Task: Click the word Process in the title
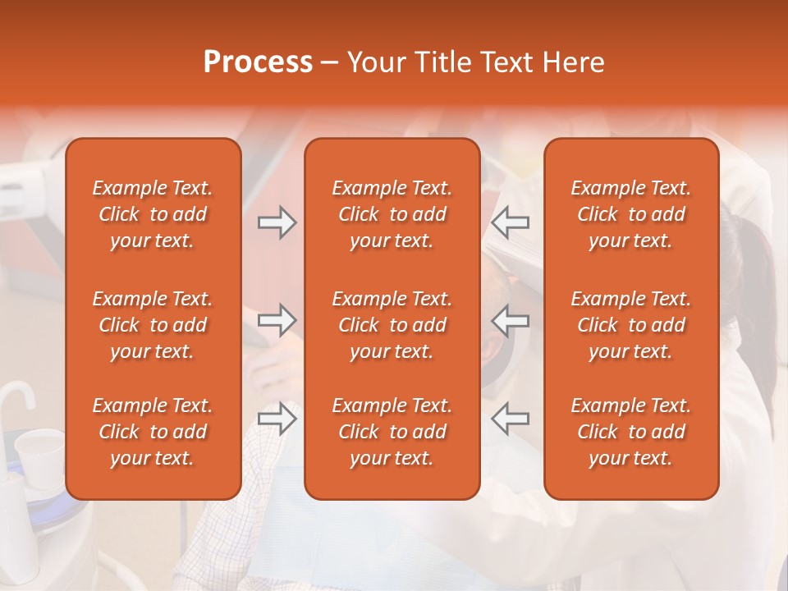point(258,62)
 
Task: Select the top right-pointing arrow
point(277,222)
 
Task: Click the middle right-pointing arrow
point(277,320)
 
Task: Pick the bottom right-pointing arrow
point(277,418)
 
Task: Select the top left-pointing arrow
point(511,222)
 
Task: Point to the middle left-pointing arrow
point(511,320)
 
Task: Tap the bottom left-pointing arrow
point(511,418)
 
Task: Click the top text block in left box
point(153,214)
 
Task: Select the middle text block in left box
point(153,325)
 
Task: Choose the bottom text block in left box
point(153,432)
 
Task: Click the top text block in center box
point(392,214)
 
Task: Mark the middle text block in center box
point(392,325)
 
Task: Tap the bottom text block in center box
point(392,432)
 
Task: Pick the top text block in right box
point(631,214)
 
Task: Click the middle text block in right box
point(631,325)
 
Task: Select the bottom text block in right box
point(631,432)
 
